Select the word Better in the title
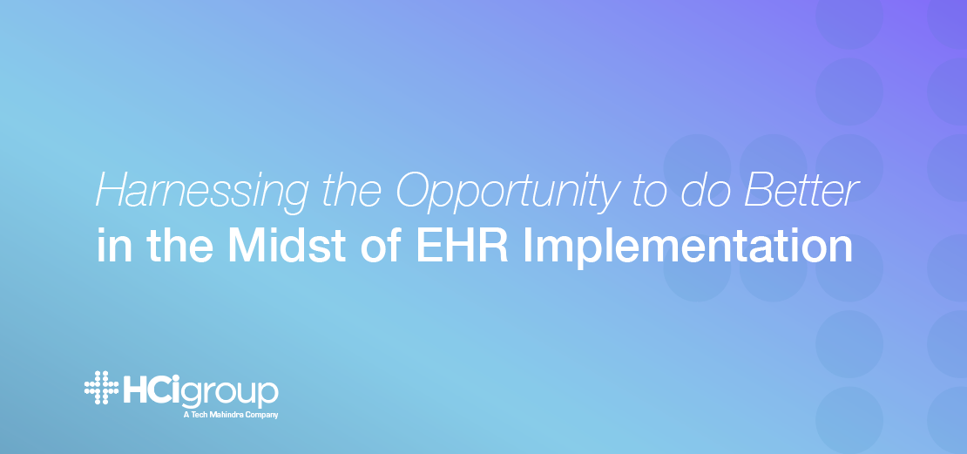point(801,190)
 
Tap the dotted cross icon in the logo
point(102,388)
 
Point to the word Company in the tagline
point(266,416)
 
